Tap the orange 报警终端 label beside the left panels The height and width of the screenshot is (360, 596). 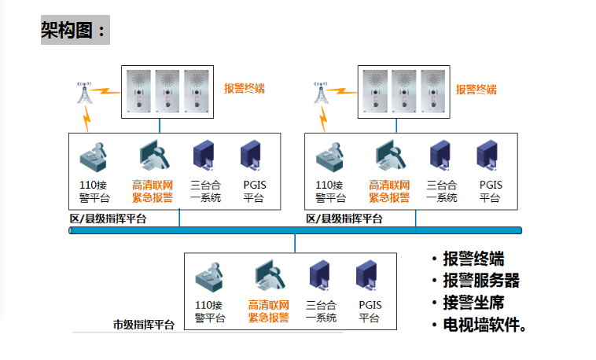(x=244, y=89)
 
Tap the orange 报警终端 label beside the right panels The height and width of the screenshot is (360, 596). (x=476, y=89)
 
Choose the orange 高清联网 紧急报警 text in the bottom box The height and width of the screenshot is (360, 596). (x=269, y=311)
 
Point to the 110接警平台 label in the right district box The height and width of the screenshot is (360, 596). (x=330, y=192)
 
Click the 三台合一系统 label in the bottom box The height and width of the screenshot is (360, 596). (x=321, y=311)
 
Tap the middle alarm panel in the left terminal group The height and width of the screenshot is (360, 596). (x=167, y=91)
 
